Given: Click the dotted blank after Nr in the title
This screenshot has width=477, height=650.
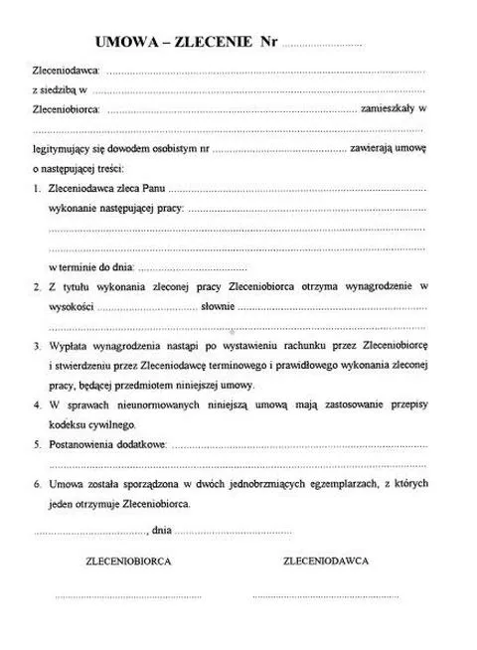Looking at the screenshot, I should click(323, 46).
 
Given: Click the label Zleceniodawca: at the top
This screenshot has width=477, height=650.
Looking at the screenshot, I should click(67, 73).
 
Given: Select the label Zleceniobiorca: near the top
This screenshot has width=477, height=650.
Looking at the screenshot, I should click(68, 110).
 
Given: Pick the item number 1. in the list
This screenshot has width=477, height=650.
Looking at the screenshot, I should click(37, 188).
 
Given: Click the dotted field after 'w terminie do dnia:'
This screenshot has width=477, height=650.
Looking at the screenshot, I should click(193, 268).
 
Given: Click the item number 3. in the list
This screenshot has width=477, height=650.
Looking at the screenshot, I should click(37, 348).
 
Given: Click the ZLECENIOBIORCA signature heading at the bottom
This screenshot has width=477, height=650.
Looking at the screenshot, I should click(128, 561).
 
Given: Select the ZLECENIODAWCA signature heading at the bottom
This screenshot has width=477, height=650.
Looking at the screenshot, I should click(326, 561).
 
